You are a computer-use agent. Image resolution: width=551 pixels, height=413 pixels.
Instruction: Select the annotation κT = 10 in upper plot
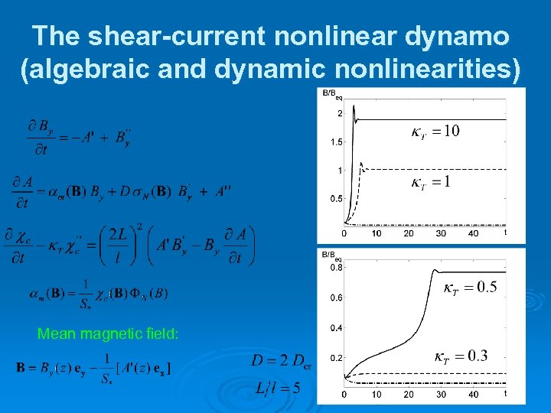434,132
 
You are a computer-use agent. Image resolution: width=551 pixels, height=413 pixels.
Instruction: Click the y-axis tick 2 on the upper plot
339,114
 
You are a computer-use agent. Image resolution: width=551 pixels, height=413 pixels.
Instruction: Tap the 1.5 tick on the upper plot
337,142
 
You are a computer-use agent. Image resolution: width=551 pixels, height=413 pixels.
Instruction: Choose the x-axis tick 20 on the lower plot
408,394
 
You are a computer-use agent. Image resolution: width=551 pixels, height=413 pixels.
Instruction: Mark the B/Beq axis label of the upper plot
333,94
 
